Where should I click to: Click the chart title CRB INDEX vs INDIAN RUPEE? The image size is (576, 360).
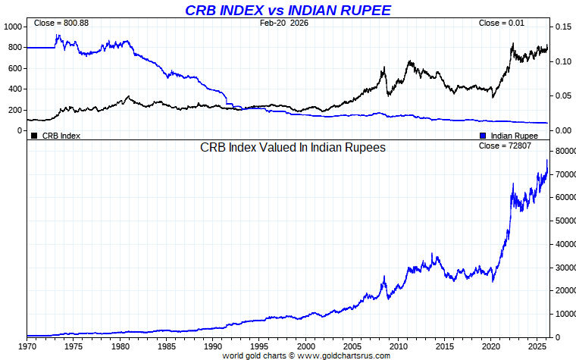pyautogui.click(x=288, y=10)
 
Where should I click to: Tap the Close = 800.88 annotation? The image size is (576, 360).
pyautogui.click(x=61, y=23)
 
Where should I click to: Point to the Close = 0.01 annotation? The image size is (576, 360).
pyautogui.click(x=501, y=23)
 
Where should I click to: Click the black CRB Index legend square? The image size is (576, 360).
pyautogui.click(x=34, y=136)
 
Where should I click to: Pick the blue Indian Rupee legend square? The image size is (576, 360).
pyautogui.click(x=484, y=136)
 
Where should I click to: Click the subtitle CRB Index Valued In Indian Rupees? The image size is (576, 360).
pyautogui.click(x=293, y=148)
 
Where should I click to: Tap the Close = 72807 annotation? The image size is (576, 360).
pyautogui.click(x=501, y=145)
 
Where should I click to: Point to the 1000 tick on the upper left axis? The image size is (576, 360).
pyautogui.click(x=14, y=27)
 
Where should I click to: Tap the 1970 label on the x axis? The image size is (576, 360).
pyautogui.click(x=27, y=346)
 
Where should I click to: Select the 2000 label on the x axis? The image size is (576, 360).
pyautogui.click(x=305, y=346)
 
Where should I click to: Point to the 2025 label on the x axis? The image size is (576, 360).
pyautogui.click(x=538, y=346)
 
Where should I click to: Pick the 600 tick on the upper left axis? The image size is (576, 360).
pyautogui.click(x=16, y=68)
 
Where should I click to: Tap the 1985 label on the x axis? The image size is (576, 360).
pyautogui.click(x=166, y=346)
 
